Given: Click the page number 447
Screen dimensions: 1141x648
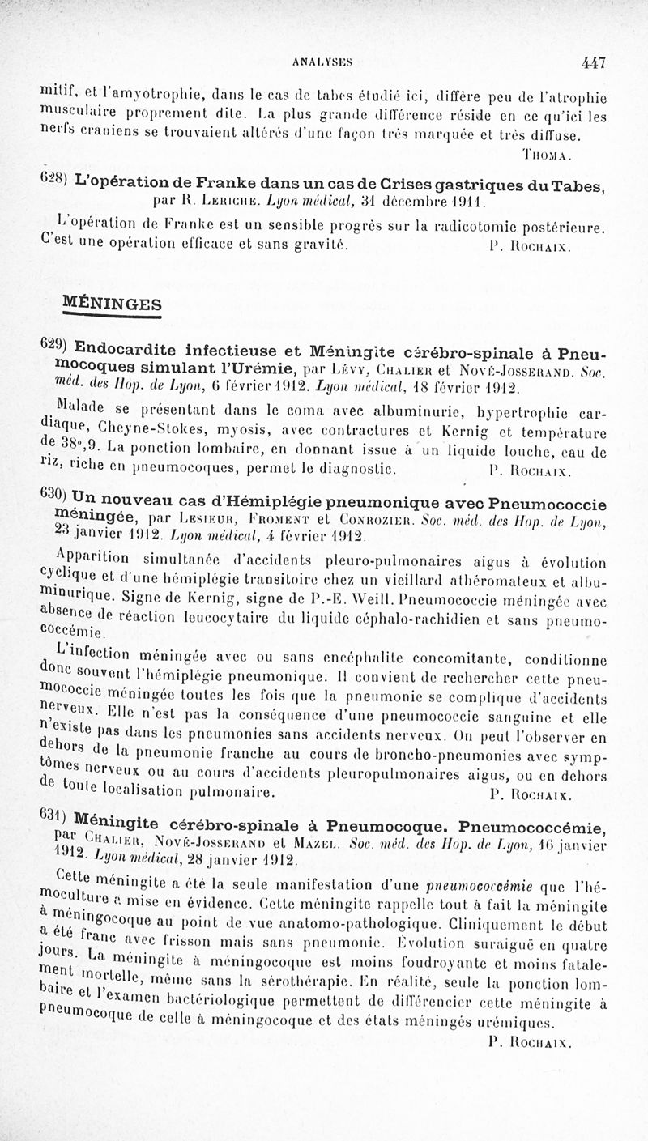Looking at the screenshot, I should point(593,62).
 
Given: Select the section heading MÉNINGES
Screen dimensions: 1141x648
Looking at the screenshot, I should point(112,304).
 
